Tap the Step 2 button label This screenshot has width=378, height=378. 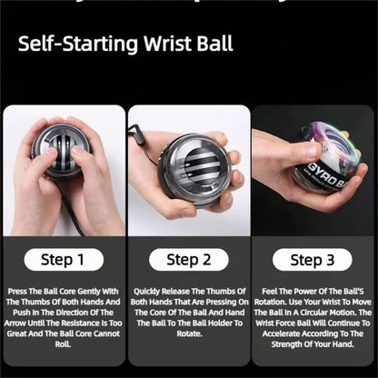[188, 260]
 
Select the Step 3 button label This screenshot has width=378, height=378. [313, 260]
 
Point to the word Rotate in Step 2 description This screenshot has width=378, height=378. [188, 333]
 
